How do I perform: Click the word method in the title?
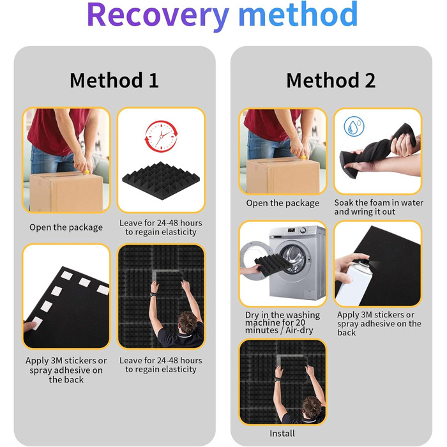(298, 14)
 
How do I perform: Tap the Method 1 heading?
(114, 80)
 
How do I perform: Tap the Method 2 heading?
(331, 80)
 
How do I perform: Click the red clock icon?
(161, 136)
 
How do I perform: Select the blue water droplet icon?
(354, 126)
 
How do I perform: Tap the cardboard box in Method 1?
(66, 192)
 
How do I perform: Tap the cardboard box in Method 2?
(283, 176)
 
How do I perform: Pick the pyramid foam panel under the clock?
(161, 181)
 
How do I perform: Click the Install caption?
(282, 434)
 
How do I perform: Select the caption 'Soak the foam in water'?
(379, 202)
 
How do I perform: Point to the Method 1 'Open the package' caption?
(66, 227)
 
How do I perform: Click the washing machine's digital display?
(291, 230)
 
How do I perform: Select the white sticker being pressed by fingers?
(37, 323)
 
